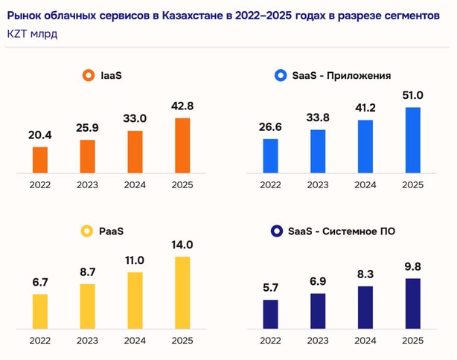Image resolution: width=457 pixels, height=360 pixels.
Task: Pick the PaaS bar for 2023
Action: pyautogui.click(x=87, y=305)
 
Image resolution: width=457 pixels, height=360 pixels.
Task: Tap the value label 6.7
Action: pyautogui.click(x=40, y=283)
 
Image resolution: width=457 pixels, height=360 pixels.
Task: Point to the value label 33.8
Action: pyautogui.click(x=319, y=118)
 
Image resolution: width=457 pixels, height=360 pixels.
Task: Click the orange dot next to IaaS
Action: pyautogui.click(x=86, y=75)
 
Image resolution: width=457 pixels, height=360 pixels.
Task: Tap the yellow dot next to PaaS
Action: pyautogui.click(x=86, y=231)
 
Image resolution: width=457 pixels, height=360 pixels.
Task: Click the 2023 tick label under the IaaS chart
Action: pyautogui.click(x=87, y=184)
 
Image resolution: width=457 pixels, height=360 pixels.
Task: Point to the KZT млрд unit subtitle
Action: pyautogui.click(x=32, y=34)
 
